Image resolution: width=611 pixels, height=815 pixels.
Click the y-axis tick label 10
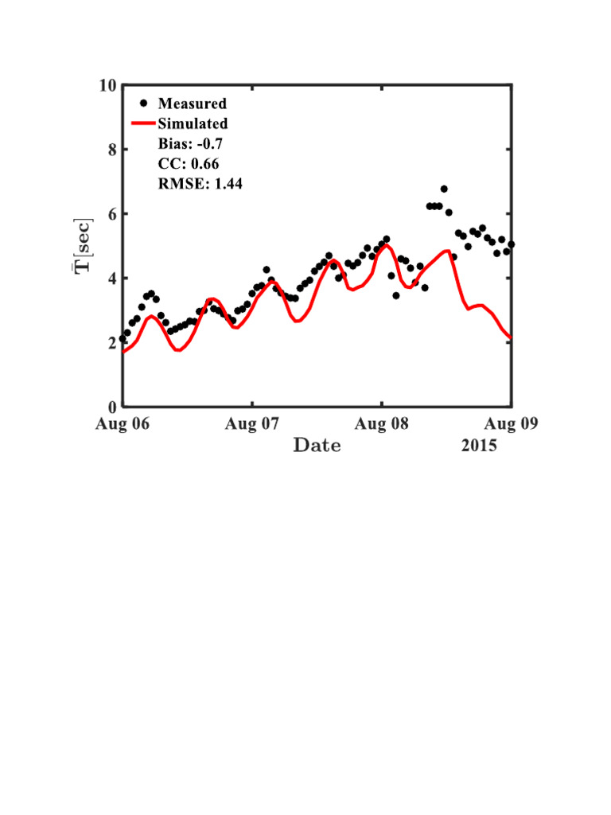tap(107, 86)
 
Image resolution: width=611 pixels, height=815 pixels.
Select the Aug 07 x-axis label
tap(251, 423)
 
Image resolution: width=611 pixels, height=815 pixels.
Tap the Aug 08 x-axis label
tap(382, 423)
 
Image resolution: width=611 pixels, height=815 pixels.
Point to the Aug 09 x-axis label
tap(512, 423)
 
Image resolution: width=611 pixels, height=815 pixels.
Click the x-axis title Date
tap(317, 445)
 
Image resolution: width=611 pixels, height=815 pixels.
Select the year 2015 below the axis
tap(479, 445)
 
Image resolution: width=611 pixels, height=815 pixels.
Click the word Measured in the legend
tap(192, 103)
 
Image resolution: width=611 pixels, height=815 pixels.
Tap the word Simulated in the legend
tap(193, 123)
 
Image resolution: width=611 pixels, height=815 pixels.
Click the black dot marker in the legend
tap(143, 103)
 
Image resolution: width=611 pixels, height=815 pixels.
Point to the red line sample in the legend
tap(143, 123)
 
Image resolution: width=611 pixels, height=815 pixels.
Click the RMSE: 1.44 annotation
tap(200, 184)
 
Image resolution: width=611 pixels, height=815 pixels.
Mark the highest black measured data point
tap(444, 189)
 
